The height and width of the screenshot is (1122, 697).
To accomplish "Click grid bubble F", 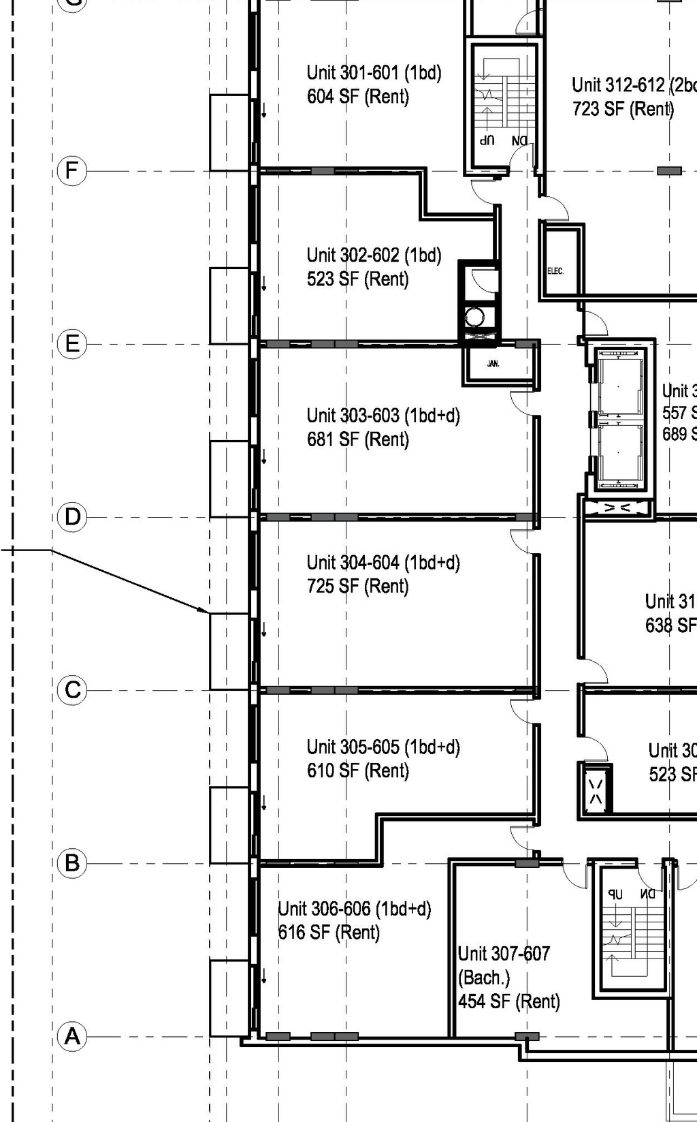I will (x=72, y=170).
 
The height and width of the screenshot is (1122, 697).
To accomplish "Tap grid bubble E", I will (x=72, y=343).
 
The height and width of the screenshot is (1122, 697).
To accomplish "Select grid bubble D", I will (x=72, y=517).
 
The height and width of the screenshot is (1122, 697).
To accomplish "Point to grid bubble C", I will (x=72, y=690).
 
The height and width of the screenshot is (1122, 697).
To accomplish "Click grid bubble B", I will (x=72, y=863).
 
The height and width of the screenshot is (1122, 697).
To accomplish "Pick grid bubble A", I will (x=72, y=1037).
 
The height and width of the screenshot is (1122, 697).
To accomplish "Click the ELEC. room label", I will (x=555, y=271).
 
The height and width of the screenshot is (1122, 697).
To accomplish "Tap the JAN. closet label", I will (x=493, y=364).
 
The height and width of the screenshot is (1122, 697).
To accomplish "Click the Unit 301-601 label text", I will (x=374, y=72).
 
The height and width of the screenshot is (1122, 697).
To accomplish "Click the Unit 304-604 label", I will (x=383, y=563).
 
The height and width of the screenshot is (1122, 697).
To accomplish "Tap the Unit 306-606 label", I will (x=354, y=909).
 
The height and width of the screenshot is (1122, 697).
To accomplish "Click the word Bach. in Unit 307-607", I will (x=484, y=978).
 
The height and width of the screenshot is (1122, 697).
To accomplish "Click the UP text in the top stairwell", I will (x=486, y=140).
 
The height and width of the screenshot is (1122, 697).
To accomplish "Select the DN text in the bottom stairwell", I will (x=647, y=894).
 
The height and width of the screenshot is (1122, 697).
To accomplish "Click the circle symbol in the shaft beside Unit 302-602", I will (x=474, y=316).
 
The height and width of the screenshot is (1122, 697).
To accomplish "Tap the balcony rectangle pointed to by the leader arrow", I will (x=229, y=651).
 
